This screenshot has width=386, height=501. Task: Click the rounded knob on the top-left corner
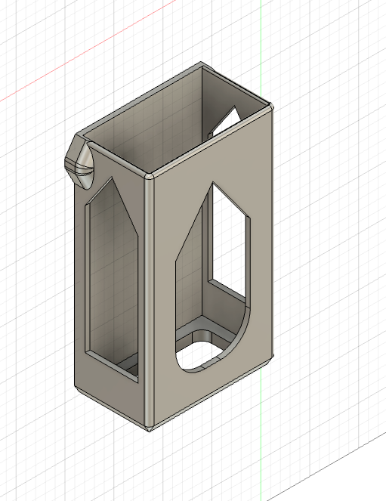(82, 161)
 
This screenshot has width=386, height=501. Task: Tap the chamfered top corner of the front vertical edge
(150, 178)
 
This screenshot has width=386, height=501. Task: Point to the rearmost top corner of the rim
(202, 66)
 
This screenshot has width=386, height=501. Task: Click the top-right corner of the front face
(272, 107)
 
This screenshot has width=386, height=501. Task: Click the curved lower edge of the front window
(227, 355)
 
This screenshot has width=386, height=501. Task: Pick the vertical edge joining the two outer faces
(147, 302)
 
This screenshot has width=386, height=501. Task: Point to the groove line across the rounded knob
(79, 165)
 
